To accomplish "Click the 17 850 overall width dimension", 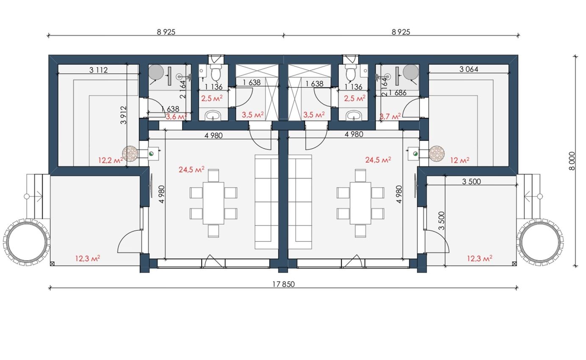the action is click(284, 284).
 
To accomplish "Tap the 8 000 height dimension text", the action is click(572, 161).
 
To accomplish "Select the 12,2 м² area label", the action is click(111, 160).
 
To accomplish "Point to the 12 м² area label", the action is click(460, 160).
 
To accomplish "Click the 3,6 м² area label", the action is click(176, 116).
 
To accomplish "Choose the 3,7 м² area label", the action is click(390, 116).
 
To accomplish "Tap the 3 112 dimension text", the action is click(98, 70).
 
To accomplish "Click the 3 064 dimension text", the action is click(469, 69).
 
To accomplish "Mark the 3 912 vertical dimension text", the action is click(124, 115).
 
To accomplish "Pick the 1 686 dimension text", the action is click(398, 93).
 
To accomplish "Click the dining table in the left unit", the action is click(213, 203).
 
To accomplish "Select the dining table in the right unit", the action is click(360, 203).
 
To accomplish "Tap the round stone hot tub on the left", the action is click(26, 242).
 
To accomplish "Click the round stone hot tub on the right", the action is click(540, 242).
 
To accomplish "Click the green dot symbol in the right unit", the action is click(415, 154).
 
